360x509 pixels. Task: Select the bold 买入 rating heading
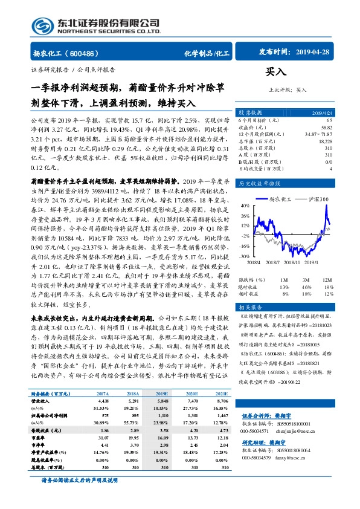[277, 72]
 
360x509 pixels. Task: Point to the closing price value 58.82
[326, 128]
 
